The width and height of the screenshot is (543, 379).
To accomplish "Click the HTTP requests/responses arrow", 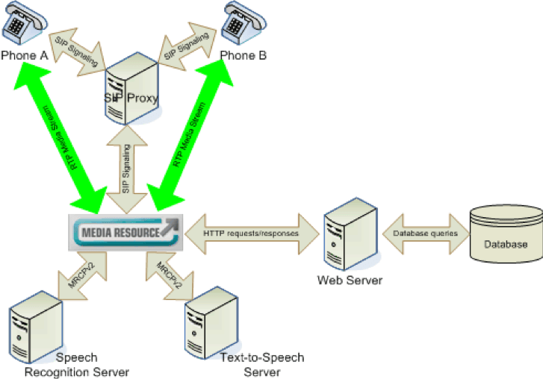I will [x=251, y=232].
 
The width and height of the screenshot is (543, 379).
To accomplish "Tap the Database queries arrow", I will [x=426, y=233].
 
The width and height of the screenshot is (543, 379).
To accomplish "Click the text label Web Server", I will [x=350, y=281].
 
